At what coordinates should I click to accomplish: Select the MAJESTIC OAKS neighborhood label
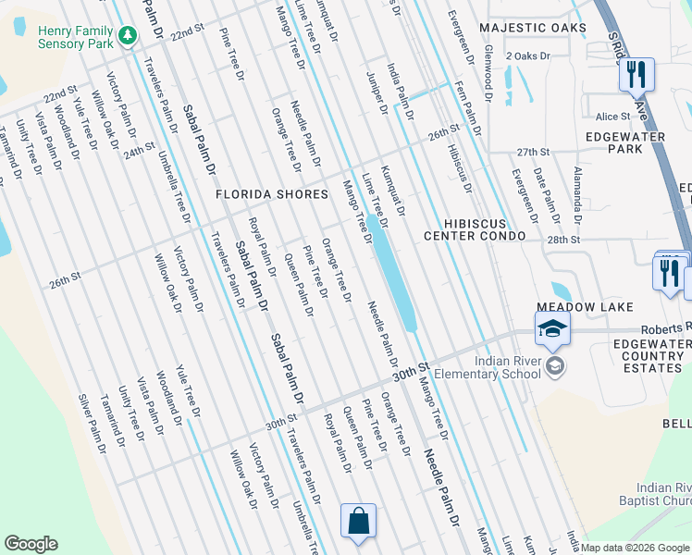click(533, 28)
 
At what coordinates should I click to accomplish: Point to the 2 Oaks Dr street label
click(528, 56)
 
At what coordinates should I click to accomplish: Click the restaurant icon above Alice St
click(636, 73)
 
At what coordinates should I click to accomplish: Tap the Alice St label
click(612, 117)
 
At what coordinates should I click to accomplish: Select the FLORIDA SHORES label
click(272, 194)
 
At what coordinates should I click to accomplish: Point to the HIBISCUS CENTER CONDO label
click(476, 230)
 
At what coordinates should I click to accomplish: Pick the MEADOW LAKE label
click(586, 307)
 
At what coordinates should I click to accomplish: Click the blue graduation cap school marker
click(551, 328)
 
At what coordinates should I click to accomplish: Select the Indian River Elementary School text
click(507, 367)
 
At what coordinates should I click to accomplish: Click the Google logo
click(31, 544)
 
